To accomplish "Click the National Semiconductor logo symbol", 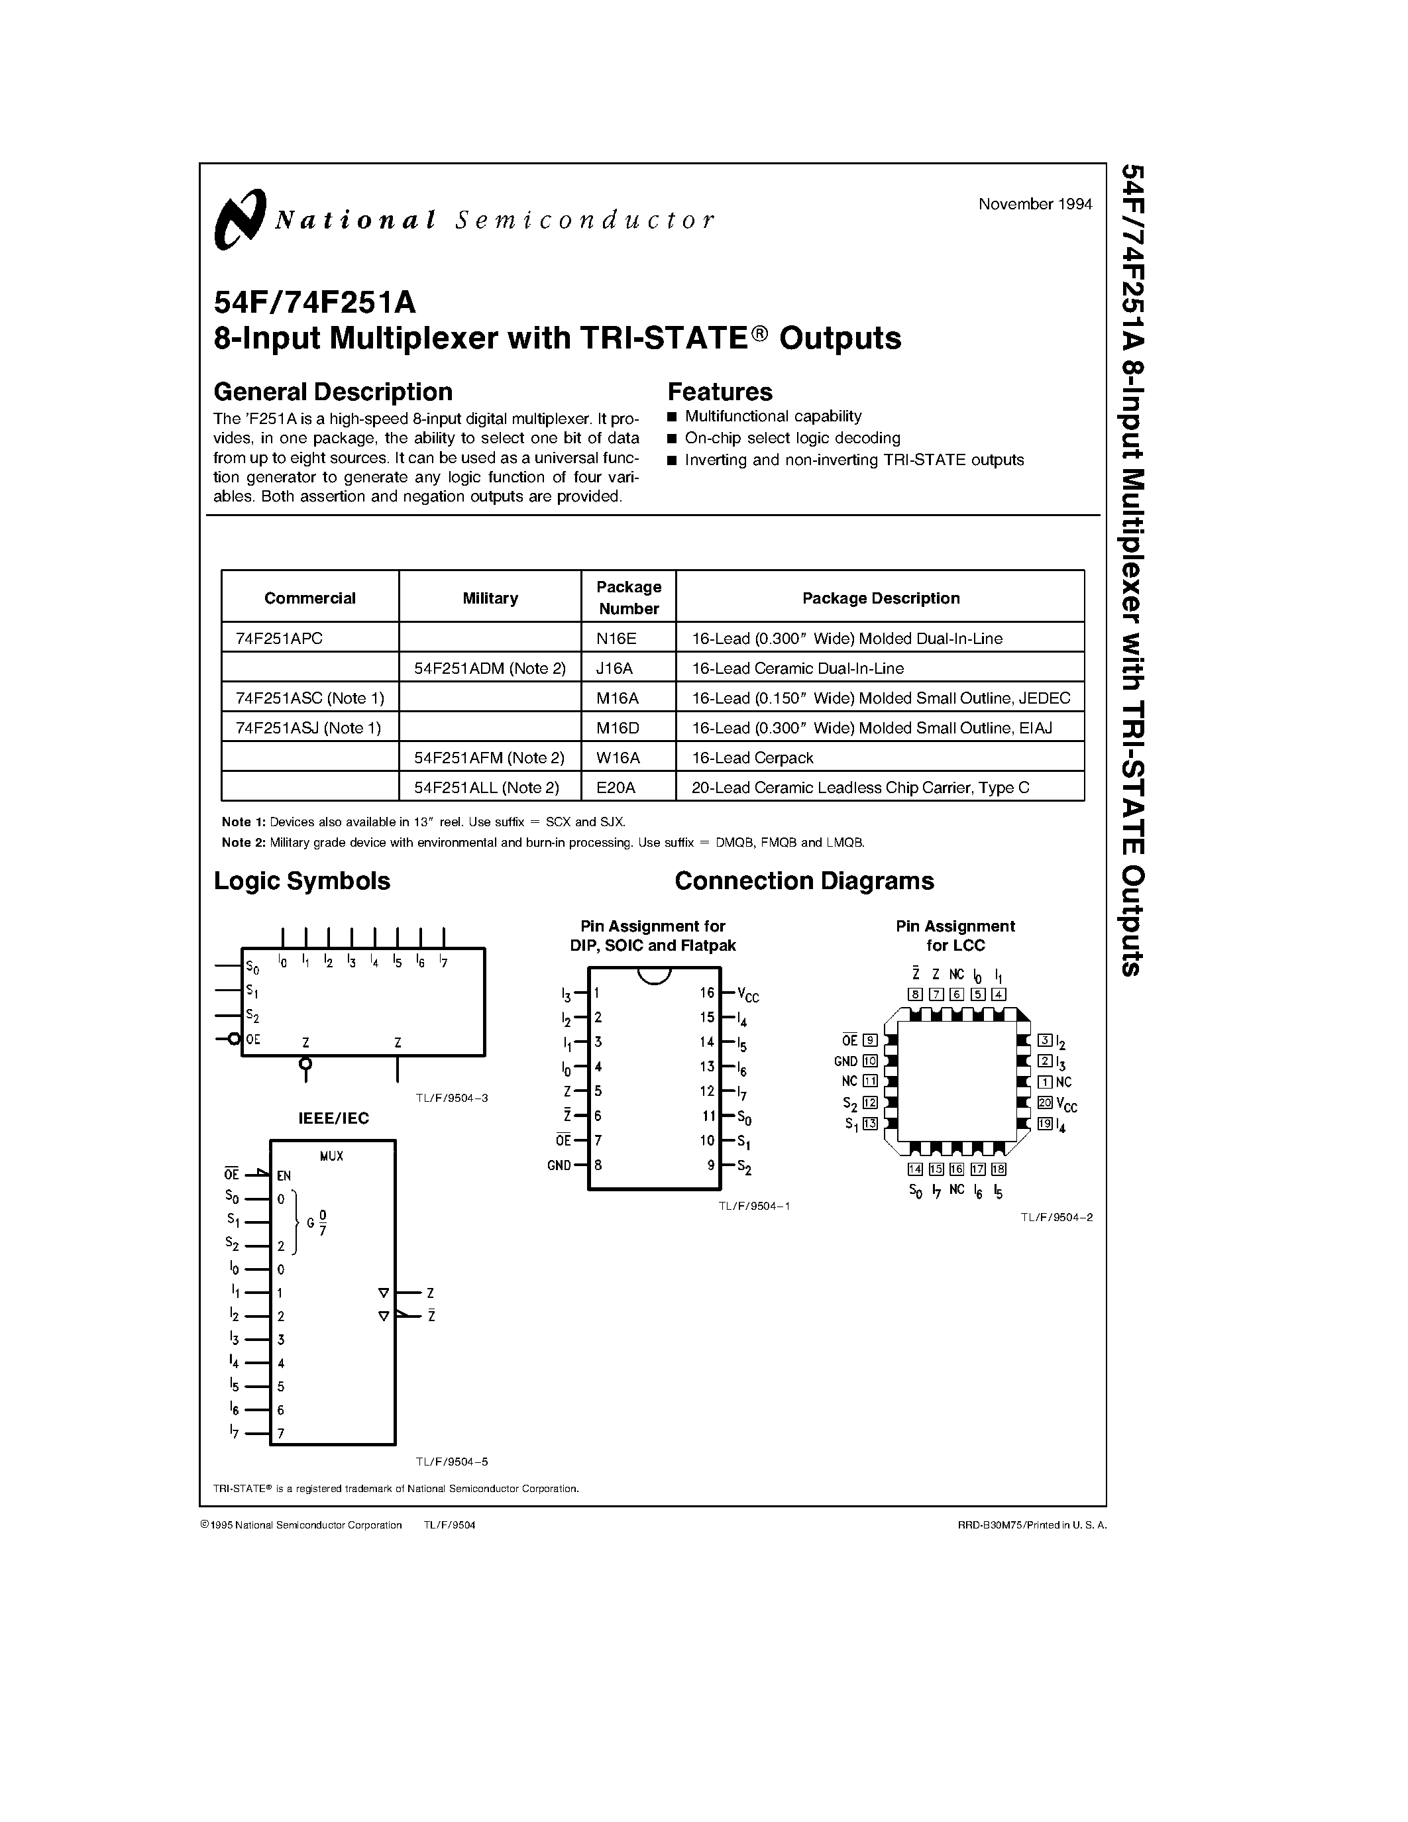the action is [239, 219].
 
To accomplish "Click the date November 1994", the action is [1034, 204].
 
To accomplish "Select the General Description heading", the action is [333, 392].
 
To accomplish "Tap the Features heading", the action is [720, 392].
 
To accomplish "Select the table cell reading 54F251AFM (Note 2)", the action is [490, 757].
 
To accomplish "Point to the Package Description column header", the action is [880, 598].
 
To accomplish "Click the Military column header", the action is [490, 598].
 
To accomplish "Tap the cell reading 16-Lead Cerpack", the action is [751, 757].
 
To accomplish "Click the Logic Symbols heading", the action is [302, 881].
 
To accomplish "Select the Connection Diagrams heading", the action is [804, 881].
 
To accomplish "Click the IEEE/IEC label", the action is [334, 1118].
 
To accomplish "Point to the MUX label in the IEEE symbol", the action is [331, 1156].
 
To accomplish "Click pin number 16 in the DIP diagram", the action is [708, 992].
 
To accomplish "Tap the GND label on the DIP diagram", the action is [559, 1165].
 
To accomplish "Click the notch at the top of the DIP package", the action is [654, 975].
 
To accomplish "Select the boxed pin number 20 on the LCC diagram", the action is [1044, 1102].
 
